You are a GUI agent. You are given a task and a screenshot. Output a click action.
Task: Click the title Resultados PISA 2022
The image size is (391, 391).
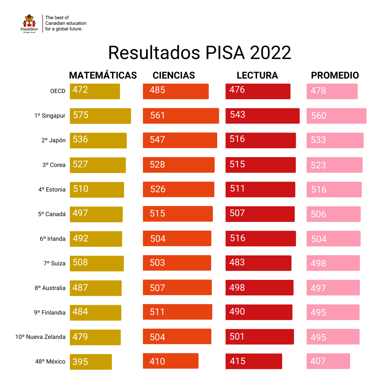tap(199, 53)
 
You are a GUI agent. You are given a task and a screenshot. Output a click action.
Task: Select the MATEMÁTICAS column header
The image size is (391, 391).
tap(103, 75)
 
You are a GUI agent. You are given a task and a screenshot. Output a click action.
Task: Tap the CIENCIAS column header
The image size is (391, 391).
tap(174, 75)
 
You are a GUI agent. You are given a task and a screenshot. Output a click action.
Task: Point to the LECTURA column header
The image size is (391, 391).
tap(257, 75)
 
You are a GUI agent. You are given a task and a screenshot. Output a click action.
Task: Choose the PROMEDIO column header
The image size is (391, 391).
tap(335, 75)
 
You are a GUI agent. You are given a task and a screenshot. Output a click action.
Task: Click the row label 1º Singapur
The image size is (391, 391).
tap(50, 116)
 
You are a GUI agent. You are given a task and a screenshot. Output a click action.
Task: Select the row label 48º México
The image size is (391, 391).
tap(50, 361)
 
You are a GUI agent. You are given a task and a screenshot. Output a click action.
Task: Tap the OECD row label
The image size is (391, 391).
tap(58, 91)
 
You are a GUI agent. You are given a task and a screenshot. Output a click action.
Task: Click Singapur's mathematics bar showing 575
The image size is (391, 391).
tap(100, 116)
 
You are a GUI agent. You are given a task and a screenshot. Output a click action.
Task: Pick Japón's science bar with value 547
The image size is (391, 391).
tap(180, 140)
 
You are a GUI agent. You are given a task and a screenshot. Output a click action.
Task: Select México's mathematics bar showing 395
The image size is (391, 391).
tap(91, 362)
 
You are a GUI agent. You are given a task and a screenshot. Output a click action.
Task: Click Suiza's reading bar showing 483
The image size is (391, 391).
tap(258, 263)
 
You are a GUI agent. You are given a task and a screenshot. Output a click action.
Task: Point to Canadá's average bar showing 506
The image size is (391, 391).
tap(333, 214)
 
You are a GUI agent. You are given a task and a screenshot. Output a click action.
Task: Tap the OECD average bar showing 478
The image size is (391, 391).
tap(332, 91)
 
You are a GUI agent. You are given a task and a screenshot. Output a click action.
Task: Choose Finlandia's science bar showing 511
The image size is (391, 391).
tap(177, 312)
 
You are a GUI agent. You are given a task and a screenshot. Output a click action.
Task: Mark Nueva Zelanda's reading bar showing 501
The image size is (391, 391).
tap(260, 337)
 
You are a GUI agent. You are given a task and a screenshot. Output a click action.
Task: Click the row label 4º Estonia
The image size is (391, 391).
tap(52, 189)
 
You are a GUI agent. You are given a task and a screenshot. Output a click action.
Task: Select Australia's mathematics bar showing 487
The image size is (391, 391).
tap(96, 288)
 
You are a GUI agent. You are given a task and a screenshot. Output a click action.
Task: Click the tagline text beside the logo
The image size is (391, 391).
tap(66, 23)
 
